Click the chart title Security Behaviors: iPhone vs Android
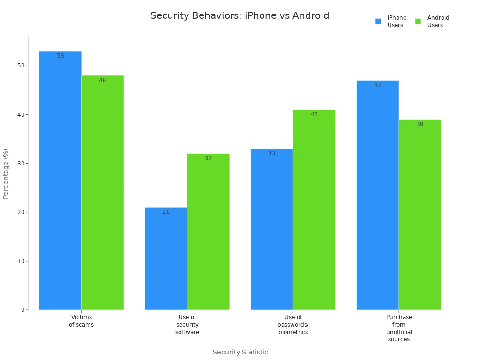tap(240, 15)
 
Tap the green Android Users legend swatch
tap(418, 21)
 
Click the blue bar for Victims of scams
tap(60, 180)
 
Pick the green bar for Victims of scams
tap(103, 193)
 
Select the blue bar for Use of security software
tap(166, 258)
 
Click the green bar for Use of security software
tap(209, 232)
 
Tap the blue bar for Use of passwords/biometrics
tap(272, 229)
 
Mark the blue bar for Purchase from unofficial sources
tap(378, 195)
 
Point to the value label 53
tap(60, 56)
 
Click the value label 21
tap(166, 212)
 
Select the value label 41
tap(314, 114)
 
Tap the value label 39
tap(420, 124)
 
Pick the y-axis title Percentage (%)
tap(6, 173)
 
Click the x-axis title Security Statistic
tap(240, 352)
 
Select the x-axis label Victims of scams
tap(82, 321)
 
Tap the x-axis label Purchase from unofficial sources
tap(399, 328)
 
